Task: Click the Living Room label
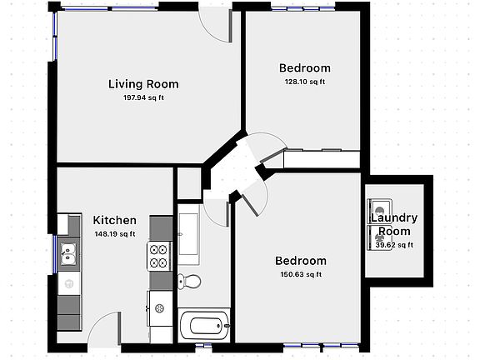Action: (x=143, y=83)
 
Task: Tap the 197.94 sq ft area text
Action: (x=143, y=97)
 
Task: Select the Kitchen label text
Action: (x=114, y=220)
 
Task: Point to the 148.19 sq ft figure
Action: (x=115, y=234)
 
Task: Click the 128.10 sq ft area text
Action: (x=304, y=82)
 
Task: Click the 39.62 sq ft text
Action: (x=394, y=245)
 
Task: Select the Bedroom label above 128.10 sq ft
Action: (x=304, y=68)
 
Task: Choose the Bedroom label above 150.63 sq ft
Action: (x=301, y=261)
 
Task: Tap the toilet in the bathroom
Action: (x=191, y=281)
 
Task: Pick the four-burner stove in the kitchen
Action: (x=158, y=255)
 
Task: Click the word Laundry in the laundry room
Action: (x=394, y=218)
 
